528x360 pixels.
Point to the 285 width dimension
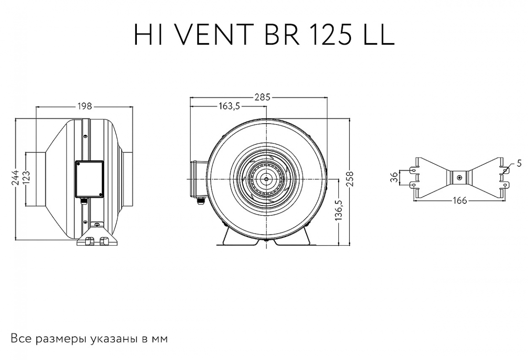pyautogui.click(x=261, y=97)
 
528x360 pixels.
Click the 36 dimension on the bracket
pyautogui.click(x=394, y=177)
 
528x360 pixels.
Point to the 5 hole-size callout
pyautogui.click(x=519, y=163)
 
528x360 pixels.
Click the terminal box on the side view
pyautogui.click(x=89, y=179)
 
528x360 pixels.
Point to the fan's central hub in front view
pyautogui.click(x=266, y=179)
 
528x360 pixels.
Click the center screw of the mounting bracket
pyautogui.click(x=459, y=178)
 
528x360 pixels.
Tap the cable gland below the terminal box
pyautogui.click(x=83, y=202)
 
